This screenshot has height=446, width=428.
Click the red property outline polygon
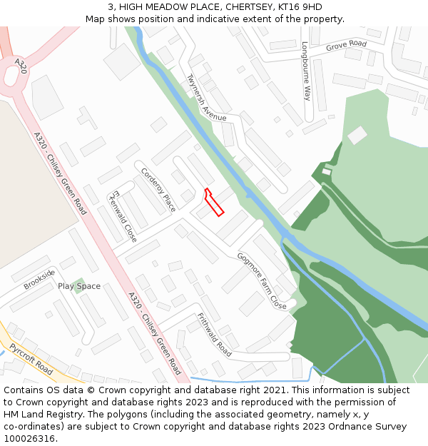tap(214, 202)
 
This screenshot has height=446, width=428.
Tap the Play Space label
tap(79, 286)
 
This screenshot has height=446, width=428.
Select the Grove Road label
tap(346, 45)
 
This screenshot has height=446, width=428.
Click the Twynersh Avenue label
tap(206, 98)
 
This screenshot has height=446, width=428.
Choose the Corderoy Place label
tap(158, 190)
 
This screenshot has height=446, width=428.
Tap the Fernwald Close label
tap(123, 216)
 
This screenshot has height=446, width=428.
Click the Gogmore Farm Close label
tap(262, 281)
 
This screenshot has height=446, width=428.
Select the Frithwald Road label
tap(214, 335)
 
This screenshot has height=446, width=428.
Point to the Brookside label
tap(39, 279)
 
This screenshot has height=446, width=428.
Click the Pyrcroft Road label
tap(31, 359)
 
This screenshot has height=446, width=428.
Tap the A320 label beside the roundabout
tap(21, 66)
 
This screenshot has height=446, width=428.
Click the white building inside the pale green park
tap(357, 135)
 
